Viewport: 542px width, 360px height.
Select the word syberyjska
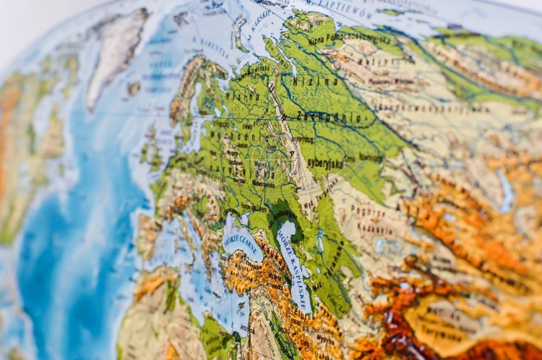coord(324,163)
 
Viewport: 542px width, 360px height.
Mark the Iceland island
coord(134,88)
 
